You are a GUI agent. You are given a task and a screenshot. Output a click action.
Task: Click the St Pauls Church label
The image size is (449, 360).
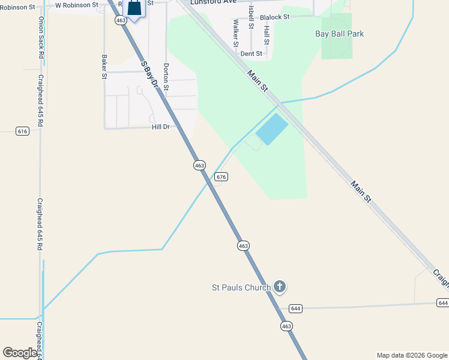(241, 287)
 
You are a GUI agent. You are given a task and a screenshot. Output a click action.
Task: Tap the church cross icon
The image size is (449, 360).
(279, 287)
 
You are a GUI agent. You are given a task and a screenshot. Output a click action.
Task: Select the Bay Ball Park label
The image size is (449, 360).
(340, 34)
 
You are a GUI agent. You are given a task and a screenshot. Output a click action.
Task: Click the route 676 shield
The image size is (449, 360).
(221, 176)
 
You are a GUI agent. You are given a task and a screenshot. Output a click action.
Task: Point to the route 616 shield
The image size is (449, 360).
(22, 131)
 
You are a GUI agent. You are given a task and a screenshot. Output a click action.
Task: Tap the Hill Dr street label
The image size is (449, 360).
(161, 127)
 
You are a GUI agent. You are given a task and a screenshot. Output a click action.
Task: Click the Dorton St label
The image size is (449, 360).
(166, 77)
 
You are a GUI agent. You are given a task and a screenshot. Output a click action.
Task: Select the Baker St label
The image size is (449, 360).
(104, 67)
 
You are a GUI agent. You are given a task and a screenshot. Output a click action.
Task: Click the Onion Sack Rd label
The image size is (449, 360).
(41, 37)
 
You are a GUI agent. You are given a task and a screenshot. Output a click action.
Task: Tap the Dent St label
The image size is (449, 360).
(252, 53)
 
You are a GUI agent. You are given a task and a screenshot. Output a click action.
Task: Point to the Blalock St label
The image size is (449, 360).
(274, 17)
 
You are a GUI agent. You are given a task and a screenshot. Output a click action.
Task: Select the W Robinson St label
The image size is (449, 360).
(76, 5)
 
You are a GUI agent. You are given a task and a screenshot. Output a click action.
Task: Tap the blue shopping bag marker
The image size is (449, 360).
(134, 8)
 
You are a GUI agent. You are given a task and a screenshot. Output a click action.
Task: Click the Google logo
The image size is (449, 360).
(19, 353)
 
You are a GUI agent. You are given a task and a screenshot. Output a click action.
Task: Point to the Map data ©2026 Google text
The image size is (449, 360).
(412, 355)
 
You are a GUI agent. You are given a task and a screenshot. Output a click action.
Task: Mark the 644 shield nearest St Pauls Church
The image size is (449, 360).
(295, 308)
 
